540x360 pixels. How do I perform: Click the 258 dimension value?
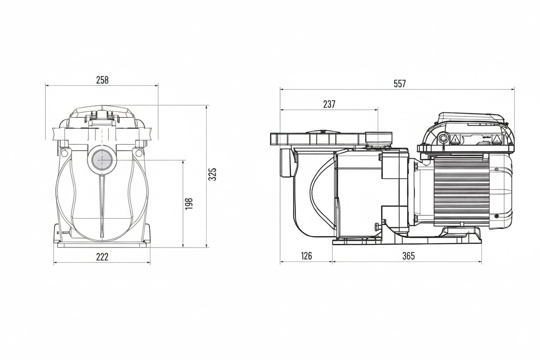tap(102, 80)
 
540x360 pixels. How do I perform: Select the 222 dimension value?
tap(102, 257)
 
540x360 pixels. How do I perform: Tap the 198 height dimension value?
tap(189, 203)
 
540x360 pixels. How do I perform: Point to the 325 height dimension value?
tap(212, 174)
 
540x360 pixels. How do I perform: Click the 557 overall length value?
tap(400, 84)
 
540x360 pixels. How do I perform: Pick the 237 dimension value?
tap(329, 104)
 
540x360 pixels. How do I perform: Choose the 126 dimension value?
tap(306, 256)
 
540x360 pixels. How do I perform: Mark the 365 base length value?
tap(408, 256)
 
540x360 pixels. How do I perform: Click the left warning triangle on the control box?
tap(455, 139)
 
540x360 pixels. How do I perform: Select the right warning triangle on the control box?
tap(497, 139)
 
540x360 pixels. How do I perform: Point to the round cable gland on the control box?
tap(443, 138)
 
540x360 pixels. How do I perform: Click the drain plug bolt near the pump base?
tap(377, 227)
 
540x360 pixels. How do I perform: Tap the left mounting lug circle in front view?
tap(64, 153)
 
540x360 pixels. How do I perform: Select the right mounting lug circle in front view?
tap(138, 152)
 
